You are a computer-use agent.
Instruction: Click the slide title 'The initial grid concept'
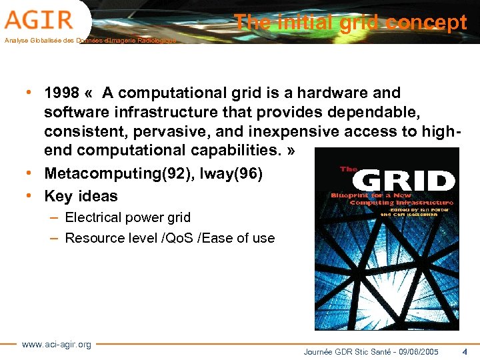(351, 23)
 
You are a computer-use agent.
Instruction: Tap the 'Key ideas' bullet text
(81, 196)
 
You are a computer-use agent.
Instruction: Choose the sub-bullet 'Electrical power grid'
(127, 217)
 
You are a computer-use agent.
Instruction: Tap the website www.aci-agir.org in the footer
(57, 344)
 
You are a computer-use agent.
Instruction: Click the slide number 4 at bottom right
(464, 351)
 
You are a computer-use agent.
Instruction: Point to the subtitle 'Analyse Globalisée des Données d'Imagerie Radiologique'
(90, 41)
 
